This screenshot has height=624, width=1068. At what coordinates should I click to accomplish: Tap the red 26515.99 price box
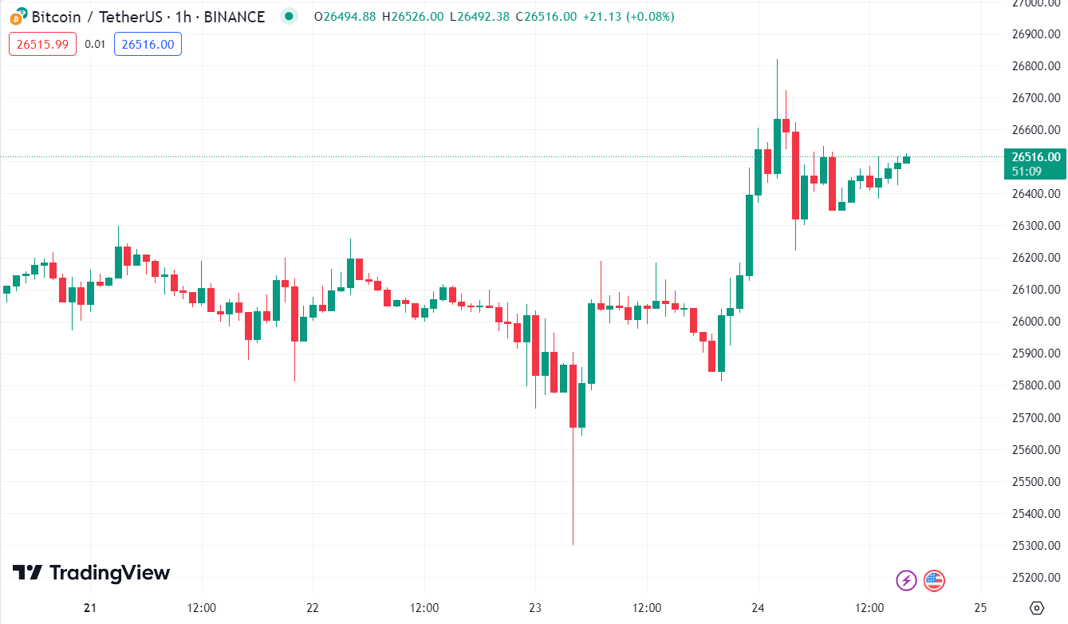[x=42, y=44]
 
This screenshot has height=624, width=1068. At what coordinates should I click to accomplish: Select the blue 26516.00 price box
[x=148, y=44]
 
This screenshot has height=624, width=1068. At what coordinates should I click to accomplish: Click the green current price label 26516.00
[x=1035, y=157]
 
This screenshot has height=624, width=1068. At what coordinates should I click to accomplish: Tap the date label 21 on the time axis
[x=90, y=608]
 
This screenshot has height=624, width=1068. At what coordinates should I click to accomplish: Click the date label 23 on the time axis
[x=535, y=608]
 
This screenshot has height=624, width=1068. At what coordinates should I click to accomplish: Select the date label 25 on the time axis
[x=981, y=608]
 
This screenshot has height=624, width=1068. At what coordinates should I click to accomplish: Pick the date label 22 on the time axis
[x=313, y=608]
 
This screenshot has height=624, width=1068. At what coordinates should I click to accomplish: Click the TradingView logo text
[x=109, y=573]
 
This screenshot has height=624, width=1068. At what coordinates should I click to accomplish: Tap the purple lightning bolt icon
[x=906, y=580]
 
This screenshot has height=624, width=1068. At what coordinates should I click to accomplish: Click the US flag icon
[x=934, y=580]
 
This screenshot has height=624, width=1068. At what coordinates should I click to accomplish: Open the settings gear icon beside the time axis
[x=1037, y=608]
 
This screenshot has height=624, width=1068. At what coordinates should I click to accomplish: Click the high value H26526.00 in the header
[x=412, y=16]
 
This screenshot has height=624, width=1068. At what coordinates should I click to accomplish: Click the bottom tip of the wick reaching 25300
[x=573, y=545]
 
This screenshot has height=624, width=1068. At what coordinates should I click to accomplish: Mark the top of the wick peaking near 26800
[x=777, y=59]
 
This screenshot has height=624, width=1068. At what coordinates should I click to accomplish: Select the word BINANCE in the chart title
[x=234, y=16]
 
